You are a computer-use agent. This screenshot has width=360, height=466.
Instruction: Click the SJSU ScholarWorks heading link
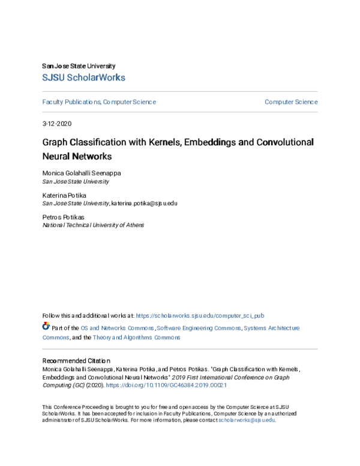[83, 77]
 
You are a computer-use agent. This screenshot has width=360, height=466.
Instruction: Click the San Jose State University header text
[79, 65]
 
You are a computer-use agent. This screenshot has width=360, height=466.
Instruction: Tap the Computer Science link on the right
[291, 102]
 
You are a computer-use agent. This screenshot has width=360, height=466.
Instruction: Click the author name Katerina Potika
[64, 196]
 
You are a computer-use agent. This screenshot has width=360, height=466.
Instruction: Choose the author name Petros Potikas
[62, 218]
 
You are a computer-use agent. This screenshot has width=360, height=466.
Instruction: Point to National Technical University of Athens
[93, 225]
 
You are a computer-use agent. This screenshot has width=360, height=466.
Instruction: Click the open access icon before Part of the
[46, 327]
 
